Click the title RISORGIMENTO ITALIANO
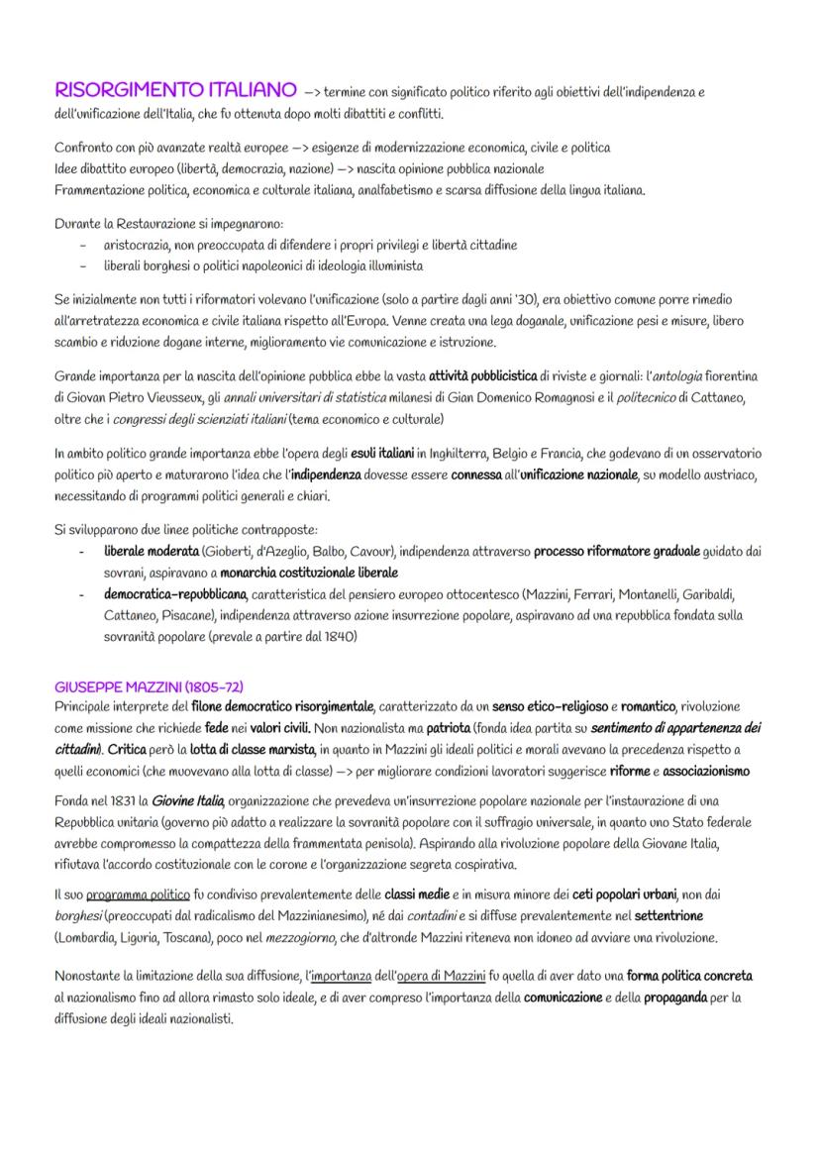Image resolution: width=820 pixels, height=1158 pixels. tap(175, 91)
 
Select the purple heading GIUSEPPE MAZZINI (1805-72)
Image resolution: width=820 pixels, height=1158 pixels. tap(150, 686)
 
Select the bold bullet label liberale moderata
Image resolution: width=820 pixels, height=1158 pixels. tap(152, 551)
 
